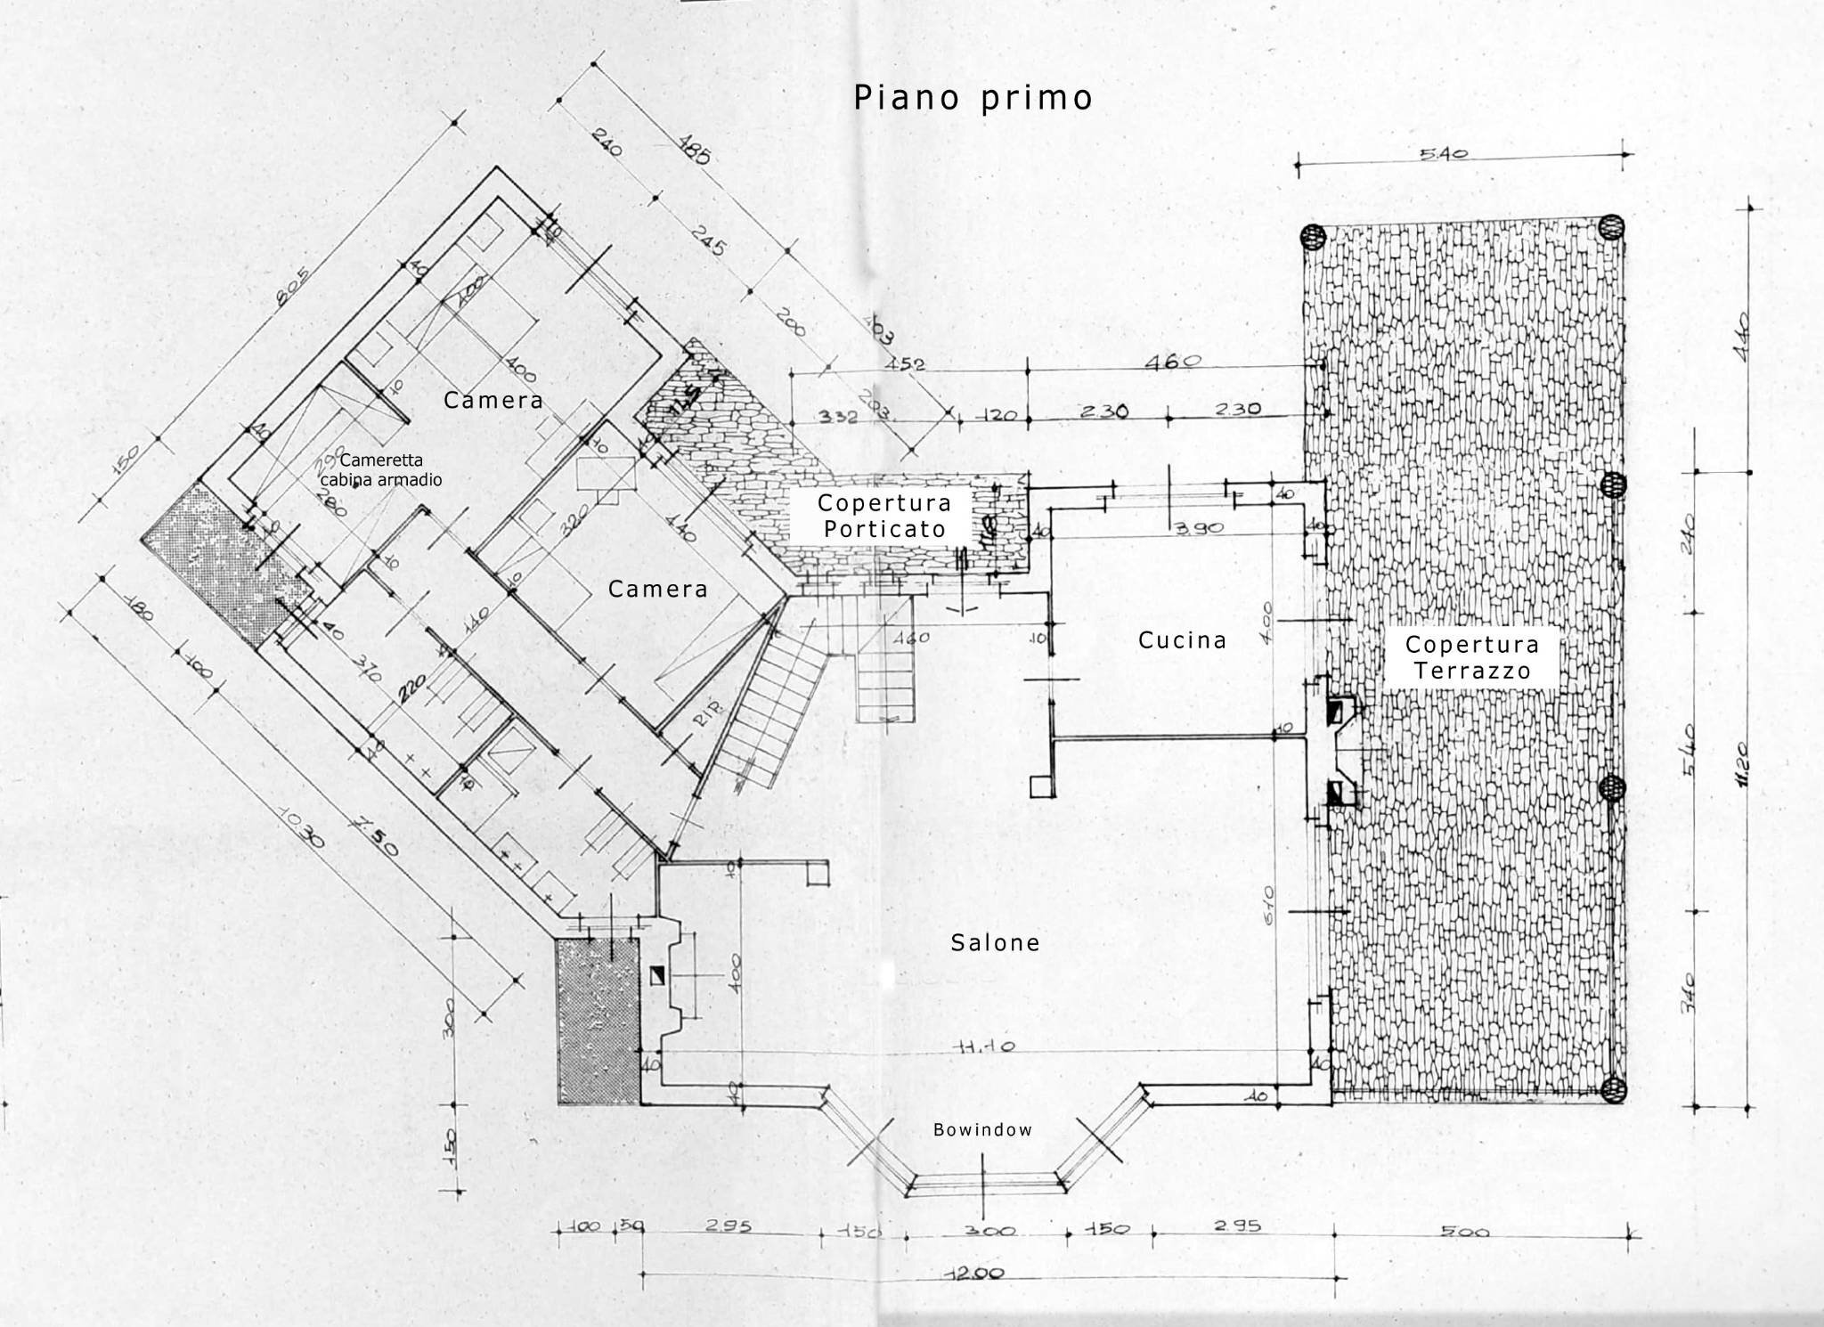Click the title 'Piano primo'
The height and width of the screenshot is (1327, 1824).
[x=973, y=98]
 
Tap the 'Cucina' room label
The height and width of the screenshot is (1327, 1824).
[x=1182, y=639]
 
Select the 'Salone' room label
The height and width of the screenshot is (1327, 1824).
[x=995, y=942]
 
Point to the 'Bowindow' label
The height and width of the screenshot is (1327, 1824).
[x=982, y=1129]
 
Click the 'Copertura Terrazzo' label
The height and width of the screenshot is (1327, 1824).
[x=1471, y=657]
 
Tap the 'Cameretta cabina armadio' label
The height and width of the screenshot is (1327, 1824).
[x=381, y=469]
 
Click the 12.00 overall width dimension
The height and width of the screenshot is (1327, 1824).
[x=973, y=1273]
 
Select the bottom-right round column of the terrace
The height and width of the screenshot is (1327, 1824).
[x=1612, y=1088]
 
